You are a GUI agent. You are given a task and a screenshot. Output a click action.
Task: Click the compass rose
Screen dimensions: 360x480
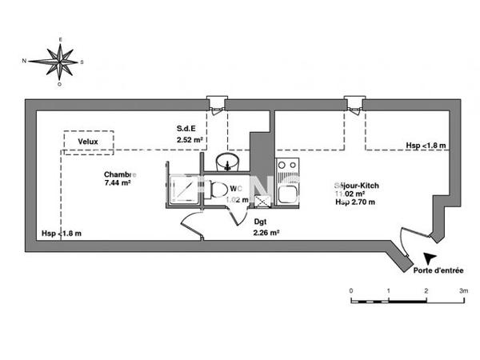coord(61,60)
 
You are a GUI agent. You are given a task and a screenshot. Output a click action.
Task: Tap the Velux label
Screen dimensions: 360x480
coord(88,142)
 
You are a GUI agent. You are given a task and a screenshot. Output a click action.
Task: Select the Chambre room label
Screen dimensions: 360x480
coord(120,174)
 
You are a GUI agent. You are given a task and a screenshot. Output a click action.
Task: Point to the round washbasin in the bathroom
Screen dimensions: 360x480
coord(229,162)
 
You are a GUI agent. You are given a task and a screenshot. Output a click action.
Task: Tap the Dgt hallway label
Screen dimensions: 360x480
coord(260,222)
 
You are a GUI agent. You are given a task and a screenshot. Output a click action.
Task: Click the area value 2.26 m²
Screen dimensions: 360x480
coord(266,233)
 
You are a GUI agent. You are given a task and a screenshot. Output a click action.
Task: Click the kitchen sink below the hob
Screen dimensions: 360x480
coord(286,192)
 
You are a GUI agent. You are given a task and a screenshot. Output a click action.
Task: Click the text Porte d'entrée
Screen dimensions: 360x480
coord(438,270)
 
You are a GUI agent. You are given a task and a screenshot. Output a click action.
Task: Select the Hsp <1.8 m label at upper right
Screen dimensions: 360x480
coord(426,146)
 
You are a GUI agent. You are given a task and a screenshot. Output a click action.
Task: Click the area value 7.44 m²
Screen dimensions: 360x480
coord(117,182)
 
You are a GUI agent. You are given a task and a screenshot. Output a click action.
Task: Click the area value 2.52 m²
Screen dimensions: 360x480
coord(190,140)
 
